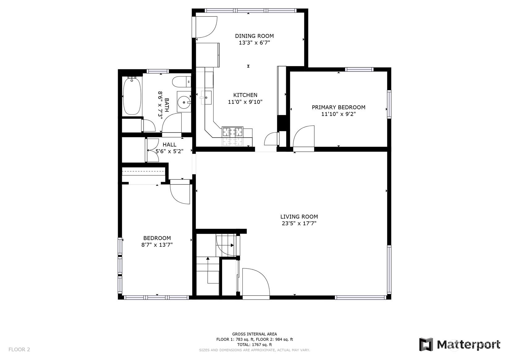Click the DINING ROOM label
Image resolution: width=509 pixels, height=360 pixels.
254,36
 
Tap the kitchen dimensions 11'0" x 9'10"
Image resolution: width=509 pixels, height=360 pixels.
245,102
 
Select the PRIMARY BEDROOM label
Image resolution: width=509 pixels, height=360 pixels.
338,107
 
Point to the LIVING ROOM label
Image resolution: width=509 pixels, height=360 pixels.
299,217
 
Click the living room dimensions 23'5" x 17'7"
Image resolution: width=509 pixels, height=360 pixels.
299,224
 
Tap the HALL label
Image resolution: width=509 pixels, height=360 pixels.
170,145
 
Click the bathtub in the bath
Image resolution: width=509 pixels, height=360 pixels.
132,96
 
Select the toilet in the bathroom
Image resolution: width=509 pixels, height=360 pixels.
181,82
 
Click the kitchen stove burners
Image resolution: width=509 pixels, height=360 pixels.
232,132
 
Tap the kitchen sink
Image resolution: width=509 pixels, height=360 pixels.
206,97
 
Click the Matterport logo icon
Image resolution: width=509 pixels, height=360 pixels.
426,345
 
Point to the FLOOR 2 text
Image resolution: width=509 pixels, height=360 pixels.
19,349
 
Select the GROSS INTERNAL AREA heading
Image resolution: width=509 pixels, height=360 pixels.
255,334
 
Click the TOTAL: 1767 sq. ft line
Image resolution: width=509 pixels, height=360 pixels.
255,345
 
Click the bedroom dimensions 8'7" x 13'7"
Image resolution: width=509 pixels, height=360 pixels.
157,245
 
